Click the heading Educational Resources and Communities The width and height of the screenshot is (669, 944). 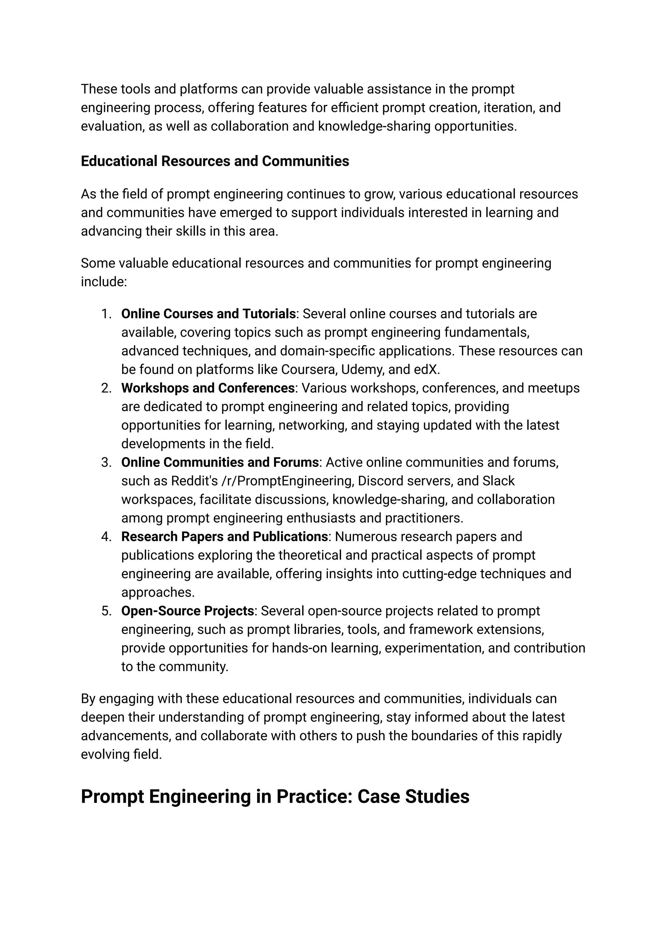215,161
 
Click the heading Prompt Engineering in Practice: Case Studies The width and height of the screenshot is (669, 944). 275,796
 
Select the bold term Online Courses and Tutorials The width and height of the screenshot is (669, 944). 208,314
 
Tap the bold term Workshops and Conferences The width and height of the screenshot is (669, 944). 208,388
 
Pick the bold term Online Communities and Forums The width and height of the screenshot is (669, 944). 220,462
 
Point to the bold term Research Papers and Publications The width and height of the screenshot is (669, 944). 224,536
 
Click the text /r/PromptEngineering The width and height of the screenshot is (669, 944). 286,481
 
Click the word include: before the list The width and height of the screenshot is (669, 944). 104,282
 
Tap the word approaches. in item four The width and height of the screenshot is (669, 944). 158,593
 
